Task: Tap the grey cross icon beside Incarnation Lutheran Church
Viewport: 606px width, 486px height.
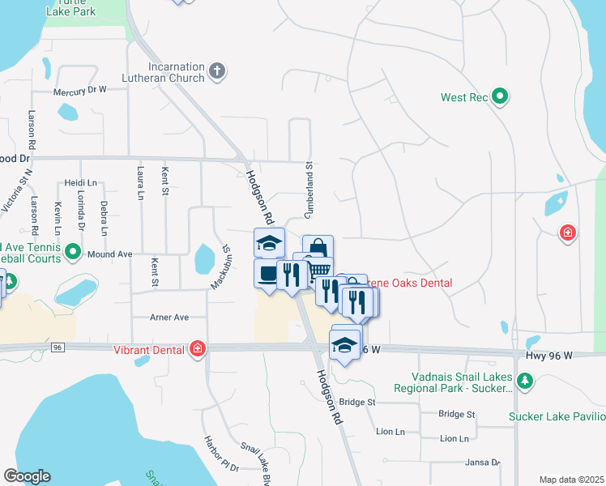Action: (216, 71)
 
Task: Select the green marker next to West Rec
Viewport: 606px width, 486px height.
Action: (500, 97)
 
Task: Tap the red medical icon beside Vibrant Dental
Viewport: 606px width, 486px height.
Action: (196, 349)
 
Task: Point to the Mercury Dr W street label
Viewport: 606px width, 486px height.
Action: (80, 91)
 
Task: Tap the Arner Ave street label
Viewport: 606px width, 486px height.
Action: (169, 317)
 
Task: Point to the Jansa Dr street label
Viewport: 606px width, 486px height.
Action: (483, 463)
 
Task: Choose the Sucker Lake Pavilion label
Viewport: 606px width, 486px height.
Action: (557, 417)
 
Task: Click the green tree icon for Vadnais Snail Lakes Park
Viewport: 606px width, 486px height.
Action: (525, 380)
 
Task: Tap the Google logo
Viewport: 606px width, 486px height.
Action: (27, 475)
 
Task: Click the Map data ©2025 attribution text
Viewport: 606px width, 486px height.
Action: (570, 480)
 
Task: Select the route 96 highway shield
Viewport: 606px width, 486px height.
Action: (57, 347)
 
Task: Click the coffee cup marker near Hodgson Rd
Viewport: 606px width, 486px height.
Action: (267, 274)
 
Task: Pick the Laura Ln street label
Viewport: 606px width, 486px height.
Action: (140, 185)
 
